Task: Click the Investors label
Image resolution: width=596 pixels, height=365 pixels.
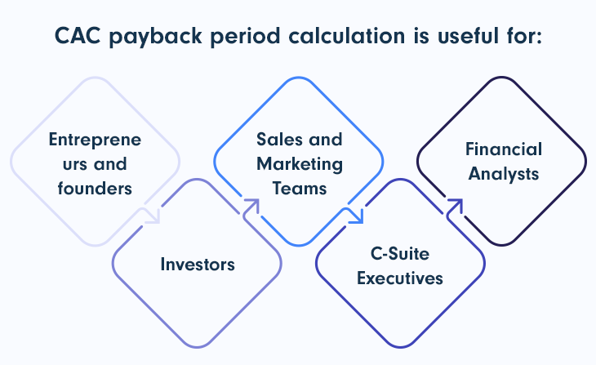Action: click(197, 264)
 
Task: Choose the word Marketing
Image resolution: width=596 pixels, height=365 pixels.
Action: click(300, 163)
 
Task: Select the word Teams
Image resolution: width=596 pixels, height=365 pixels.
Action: click(300, 189)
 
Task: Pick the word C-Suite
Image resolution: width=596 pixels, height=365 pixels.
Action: click(399, 253)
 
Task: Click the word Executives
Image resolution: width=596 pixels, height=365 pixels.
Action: click(399, 278)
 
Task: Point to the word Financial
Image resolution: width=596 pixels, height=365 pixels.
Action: click(504, 149)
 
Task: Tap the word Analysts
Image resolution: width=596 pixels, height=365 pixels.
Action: click(504, 174)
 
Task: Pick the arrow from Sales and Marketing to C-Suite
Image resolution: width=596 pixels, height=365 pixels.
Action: click(354, 216)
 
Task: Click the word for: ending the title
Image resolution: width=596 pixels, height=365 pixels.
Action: click(522, 35)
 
